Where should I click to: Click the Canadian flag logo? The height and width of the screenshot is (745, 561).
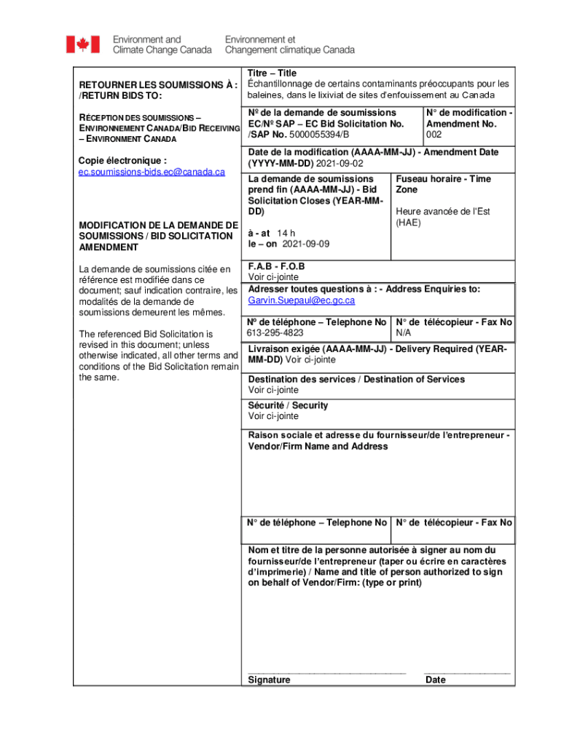click(x=82, y=44)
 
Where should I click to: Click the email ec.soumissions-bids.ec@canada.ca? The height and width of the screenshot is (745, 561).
click(x=152, y=172)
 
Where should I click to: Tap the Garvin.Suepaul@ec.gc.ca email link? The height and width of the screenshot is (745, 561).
click(x=301, y=300)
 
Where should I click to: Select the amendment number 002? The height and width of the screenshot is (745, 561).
click(x=434, y=135)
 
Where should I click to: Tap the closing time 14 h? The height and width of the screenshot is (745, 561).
click(x=286, y=234)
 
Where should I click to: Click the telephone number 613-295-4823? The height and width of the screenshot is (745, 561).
click(x=275, y=332)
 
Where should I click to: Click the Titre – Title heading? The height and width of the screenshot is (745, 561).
click(x=272, y=73)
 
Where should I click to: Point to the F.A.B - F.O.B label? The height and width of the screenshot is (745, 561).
click(x=276, y=266)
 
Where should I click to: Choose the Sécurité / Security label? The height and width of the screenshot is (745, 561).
click(x=288, y=405)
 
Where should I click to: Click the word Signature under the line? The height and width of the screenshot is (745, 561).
click(x=269, y=680)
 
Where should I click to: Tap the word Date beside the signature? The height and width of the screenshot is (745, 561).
click(x=436, y=680)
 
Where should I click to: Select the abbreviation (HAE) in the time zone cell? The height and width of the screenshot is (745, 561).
click(x=408, y=223)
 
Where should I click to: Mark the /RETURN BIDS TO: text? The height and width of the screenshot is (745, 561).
click(x=120, y=96)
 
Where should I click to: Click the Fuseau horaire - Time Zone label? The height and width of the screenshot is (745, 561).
click(x=443, y=183)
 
